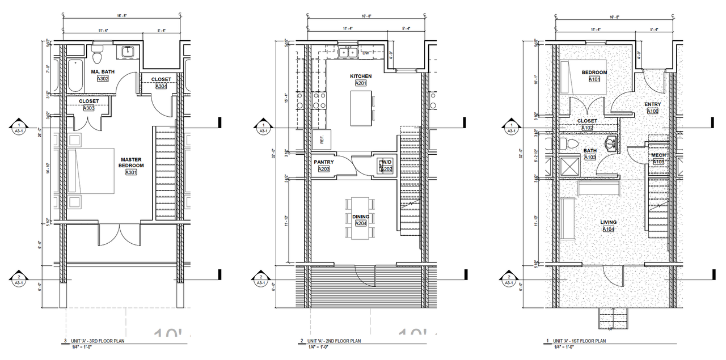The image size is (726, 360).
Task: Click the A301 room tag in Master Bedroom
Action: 132,172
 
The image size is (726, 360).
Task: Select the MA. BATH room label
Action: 103,71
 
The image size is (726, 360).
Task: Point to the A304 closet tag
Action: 161,87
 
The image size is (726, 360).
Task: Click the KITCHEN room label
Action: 361,76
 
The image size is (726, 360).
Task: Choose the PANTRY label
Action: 324,162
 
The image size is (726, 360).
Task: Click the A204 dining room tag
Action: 361,223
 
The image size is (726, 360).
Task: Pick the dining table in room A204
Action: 361,218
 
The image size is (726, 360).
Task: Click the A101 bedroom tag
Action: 594,79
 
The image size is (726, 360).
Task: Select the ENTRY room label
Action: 652,104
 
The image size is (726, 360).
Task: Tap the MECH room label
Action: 659,155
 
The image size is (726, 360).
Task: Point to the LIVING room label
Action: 609,222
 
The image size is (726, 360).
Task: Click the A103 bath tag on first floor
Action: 590,157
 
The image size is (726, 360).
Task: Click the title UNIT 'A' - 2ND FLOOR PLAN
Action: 334,341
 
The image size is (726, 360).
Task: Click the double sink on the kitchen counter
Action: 347,53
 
